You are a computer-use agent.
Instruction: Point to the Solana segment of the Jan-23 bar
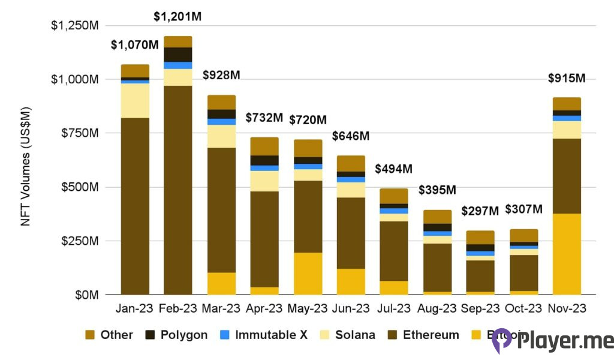135,100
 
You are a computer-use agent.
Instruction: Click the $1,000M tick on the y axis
75,79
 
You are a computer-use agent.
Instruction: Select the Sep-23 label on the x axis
480,308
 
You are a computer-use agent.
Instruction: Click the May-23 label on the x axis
307,308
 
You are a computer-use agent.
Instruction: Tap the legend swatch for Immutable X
222,335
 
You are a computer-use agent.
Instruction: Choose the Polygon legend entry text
183,335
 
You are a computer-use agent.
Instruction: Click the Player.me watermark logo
552,341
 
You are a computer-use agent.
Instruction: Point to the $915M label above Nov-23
566,79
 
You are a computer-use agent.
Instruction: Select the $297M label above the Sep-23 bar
480,211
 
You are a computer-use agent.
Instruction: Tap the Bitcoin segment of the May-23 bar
307,274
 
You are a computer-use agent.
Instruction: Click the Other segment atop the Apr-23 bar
264,146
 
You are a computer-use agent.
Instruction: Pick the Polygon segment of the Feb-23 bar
177,55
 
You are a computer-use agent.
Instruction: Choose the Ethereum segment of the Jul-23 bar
393,251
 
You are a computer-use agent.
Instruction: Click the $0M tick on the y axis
86,295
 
